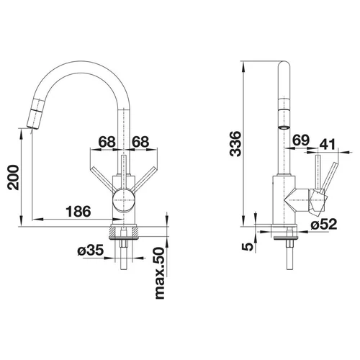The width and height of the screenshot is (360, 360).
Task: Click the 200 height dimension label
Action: (x=13, y=177)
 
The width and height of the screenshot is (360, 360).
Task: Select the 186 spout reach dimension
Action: (x=78, y=212)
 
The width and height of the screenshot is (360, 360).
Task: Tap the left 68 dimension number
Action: (x=107, y=142)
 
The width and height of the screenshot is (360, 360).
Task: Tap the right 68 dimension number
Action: (x=140, y=142)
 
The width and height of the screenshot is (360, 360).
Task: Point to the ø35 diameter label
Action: (x=91, y=251)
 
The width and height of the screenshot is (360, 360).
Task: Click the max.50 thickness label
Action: (x=160, y=273)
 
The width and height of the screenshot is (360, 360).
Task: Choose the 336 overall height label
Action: (x=235, y=144)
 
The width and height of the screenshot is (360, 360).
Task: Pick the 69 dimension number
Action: (x=301, y=140)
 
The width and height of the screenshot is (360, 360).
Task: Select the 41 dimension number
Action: (x=328, y=144)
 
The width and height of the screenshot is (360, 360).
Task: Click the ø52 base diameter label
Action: (x=324, y=225)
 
